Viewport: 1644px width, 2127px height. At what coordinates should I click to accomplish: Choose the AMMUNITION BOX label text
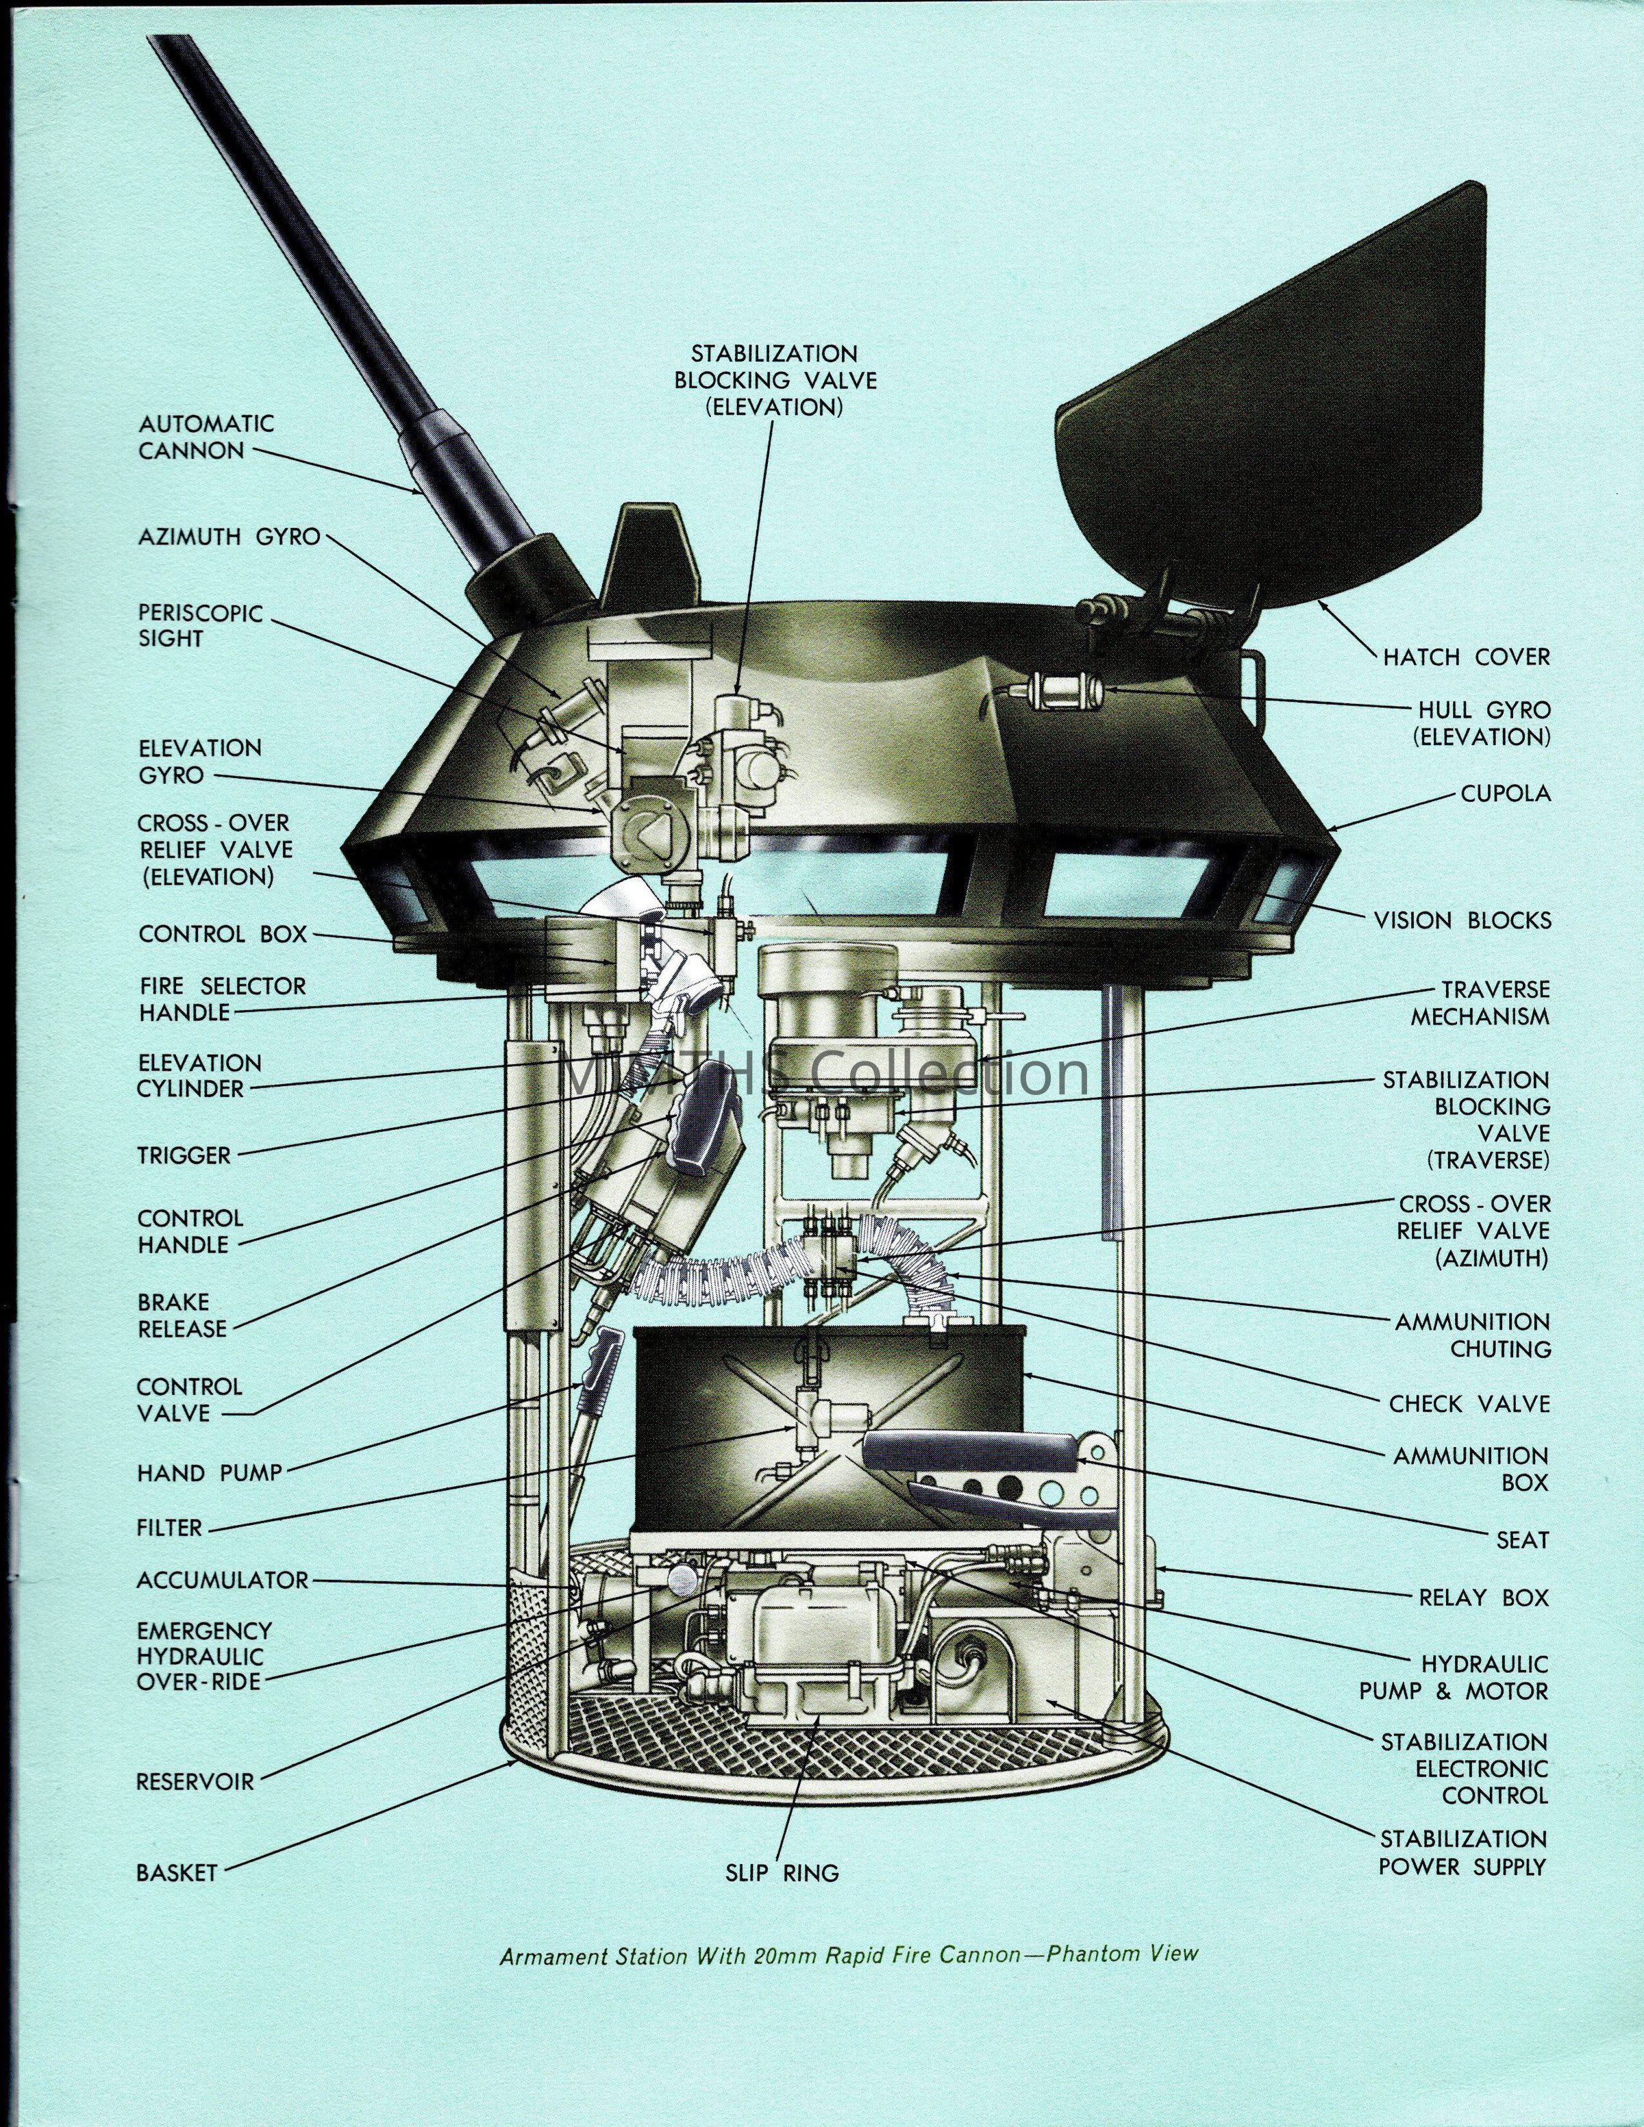click(x=1471, y=1470)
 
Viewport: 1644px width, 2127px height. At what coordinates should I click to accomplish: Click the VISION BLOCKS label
click(x=1462, y=920)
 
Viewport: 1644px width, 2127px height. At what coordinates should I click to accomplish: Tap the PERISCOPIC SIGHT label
click(x=187, y=626)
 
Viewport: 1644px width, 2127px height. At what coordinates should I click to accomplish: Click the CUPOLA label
click(x=1505, y=793)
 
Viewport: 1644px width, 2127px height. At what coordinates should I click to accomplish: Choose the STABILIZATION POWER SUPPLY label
click(x=1464, y=1852)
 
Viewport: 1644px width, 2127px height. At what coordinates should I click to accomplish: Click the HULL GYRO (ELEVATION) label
click(x=1480, y=724)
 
